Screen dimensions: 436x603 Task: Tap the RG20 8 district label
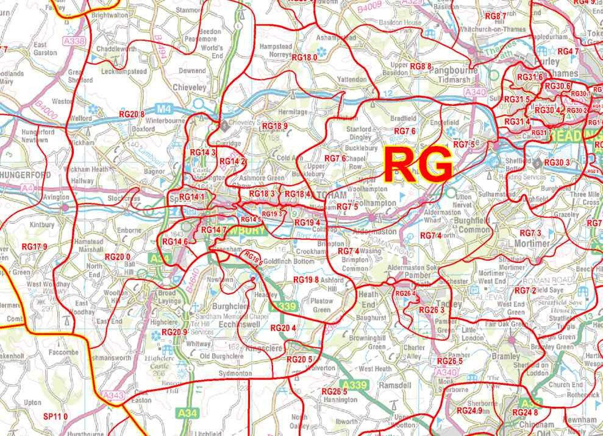point(132,114)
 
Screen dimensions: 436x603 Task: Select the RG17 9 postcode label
point(34,247)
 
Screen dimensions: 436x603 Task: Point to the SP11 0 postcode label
point(55,417)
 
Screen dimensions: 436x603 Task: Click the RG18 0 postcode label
point(305,57)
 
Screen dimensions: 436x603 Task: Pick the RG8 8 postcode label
point(421,66)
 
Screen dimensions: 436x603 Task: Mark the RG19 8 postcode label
point(306,280)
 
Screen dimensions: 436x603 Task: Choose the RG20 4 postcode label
point(284,329)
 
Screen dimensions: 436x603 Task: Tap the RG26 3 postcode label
point(431,310)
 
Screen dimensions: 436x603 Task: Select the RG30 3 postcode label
point(557,163)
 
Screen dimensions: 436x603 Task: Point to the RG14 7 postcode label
point(213,230)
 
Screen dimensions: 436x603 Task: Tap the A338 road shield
point(78,42)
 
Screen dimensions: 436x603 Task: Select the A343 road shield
point(113,396)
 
